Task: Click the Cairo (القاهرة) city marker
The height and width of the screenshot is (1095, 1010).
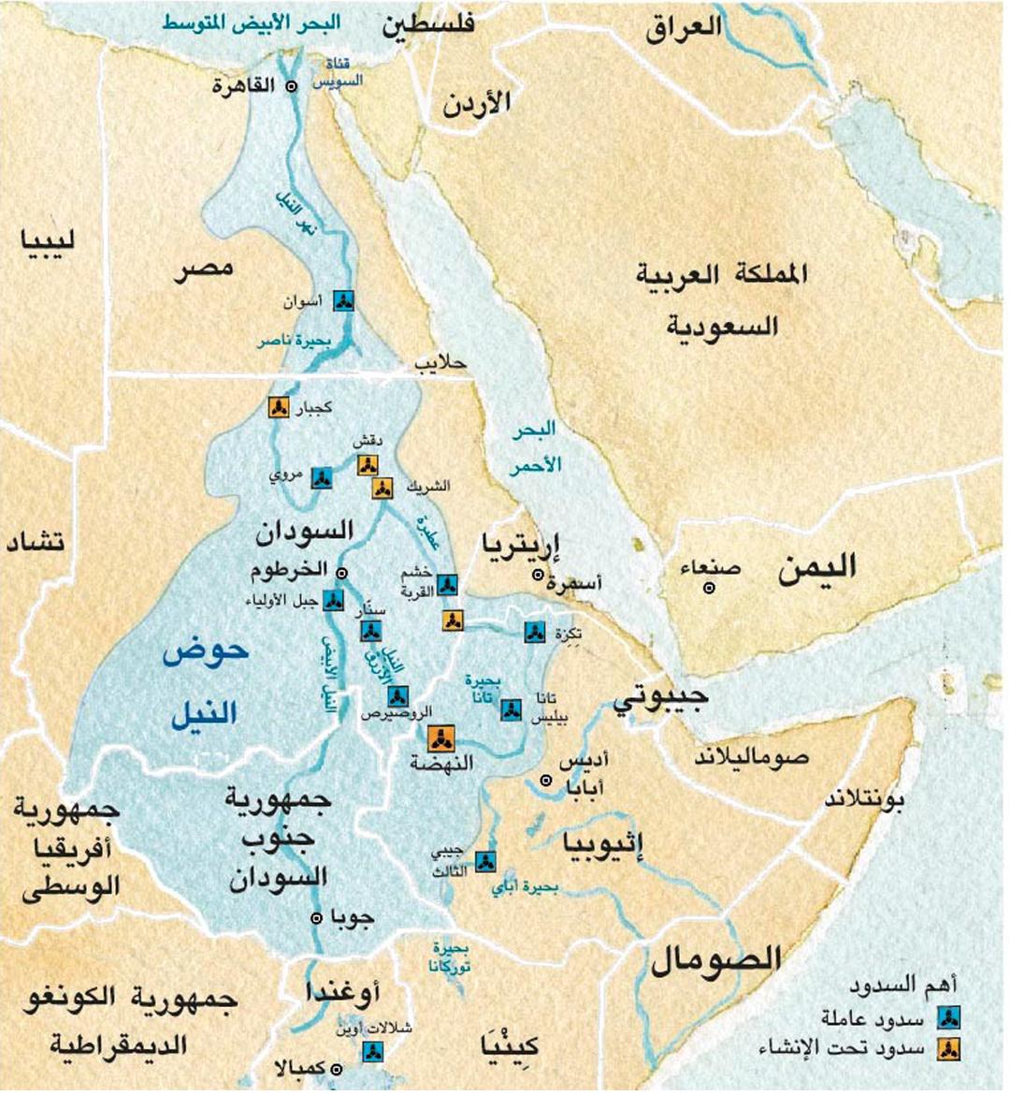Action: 291,85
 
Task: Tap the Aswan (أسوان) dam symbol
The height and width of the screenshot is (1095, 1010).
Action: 344,299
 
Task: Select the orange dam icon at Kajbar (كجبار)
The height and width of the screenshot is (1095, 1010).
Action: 278,407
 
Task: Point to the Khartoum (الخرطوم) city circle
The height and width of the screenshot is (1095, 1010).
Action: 342,573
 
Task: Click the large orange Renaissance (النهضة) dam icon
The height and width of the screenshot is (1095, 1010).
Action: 439,738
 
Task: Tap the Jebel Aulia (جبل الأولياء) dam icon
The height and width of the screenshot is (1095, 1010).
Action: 333,600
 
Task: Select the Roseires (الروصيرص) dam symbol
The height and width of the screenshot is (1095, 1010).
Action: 397,695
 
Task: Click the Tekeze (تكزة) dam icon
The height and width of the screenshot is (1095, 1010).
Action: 534,633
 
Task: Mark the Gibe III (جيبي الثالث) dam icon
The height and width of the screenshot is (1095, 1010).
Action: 484,861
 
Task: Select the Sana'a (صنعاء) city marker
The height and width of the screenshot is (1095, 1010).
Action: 710,588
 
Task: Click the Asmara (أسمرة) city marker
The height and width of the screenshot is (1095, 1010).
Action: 537,575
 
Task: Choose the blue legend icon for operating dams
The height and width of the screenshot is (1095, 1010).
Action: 949,1017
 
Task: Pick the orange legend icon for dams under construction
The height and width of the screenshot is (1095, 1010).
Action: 949,1048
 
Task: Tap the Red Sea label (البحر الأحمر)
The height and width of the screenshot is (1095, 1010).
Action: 535,446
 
